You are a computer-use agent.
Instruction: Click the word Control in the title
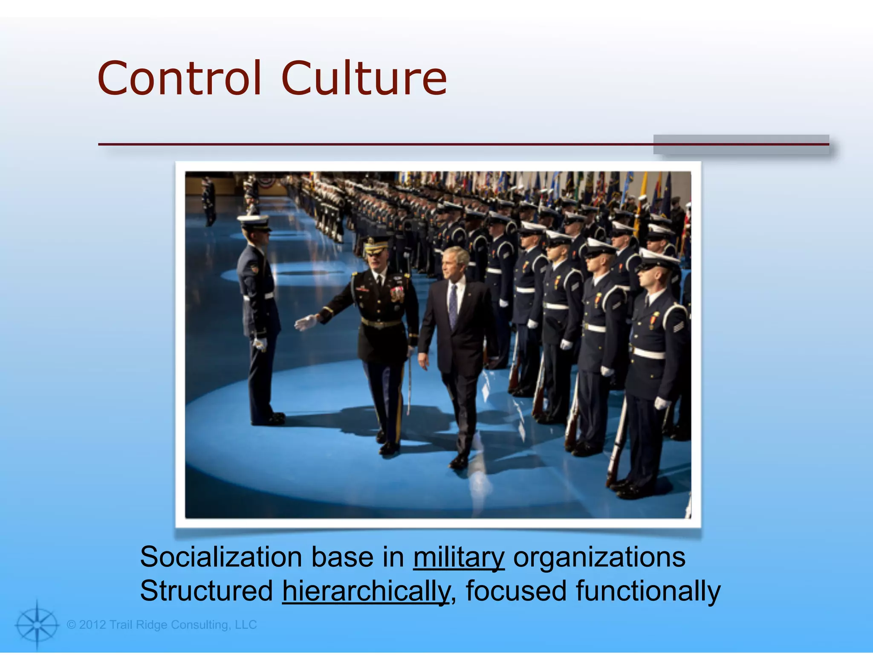179,78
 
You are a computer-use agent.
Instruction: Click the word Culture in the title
364,78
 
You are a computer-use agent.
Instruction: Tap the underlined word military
459,558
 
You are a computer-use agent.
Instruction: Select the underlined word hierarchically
366,592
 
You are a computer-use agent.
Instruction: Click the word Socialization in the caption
221,557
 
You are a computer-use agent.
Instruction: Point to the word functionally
648,592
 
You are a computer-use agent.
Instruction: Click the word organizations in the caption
599,558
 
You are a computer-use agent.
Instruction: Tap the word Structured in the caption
206,591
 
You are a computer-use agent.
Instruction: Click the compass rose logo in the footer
37,625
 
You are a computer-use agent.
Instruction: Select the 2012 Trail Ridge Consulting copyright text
162,625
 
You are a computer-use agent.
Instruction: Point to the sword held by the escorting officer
409,384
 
